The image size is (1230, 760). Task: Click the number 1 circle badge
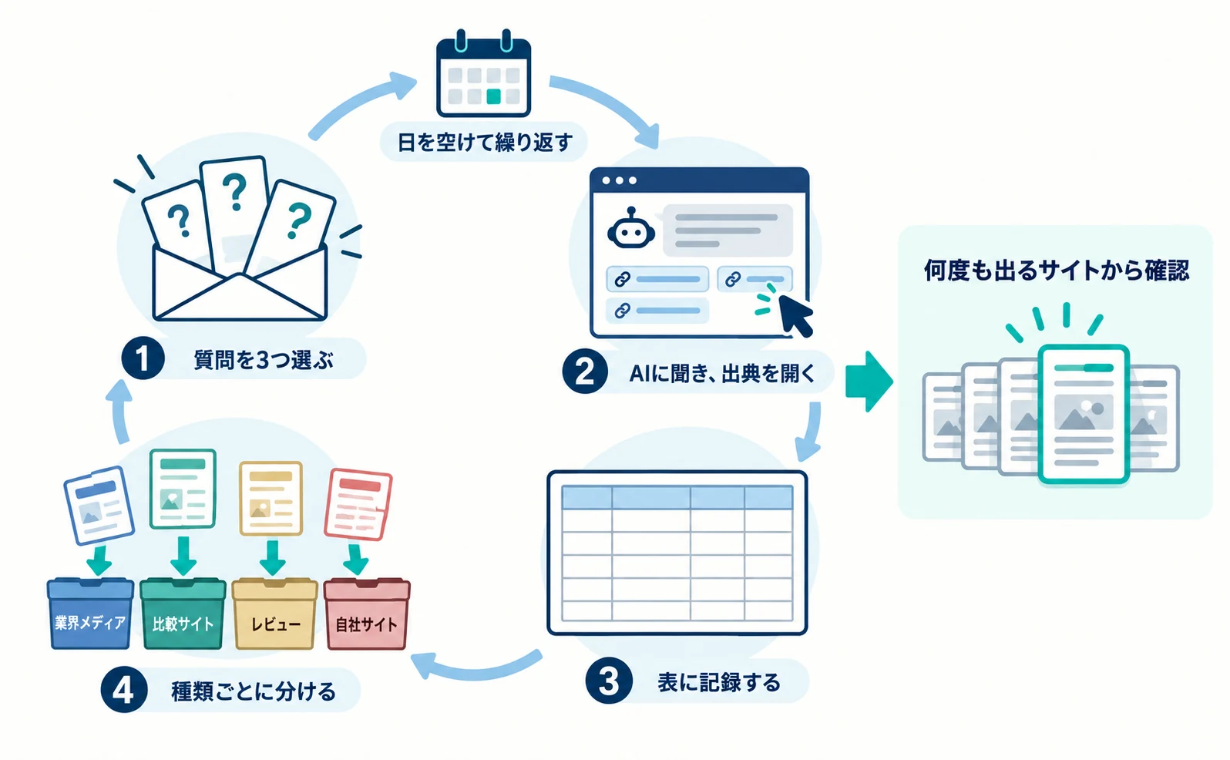pyautogui.click(x=143, y=358)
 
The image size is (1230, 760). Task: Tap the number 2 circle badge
pyautogui.click(x=585, y=372)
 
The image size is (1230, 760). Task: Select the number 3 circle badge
pyautogui.click(x=608, y=681)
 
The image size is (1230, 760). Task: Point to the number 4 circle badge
pyautogui.click(x=123, y=690)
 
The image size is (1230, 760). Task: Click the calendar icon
pyautogui.click(x=484, y=73)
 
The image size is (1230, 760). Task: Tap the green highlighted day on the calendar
pyautogui.click(x=494, y=96)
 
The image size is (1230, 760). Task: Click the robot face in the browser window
pyautogui.click(x=631, y=230)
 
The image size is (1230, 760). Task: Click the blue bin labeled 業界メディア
pyautogui.click(x=91, y=613)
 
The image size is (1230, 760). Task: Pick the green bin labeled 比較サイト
pyautogui.click(x=183, y=613)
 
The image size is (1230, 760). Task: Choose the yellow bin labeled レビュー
pyautogui.click(x=274, y=613)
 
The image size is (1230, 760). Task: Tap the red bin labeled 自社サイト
pyautogui.click(x=367, y=613)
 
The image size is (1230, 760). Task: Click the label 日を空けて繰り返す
pyautogui.click(x=485, y=143)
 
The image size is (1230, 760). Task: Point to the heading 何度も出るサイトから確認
pyautogui.click(x=1057, y=271)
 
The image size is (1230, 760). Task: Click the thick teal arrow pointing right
pyautogui.click(x=869, y=381)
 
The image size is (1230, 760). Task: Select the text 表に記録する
pyautogui.click(x=719, y=682)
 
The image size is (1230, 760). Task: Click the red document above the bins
pyautogui.click(x=358, y=504)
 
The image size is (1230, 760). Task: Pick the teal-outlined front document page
pyautogui.click(x=1083, y=414)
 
